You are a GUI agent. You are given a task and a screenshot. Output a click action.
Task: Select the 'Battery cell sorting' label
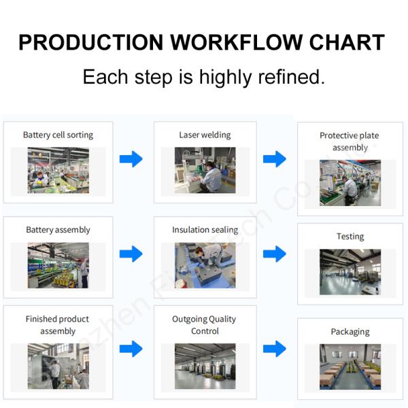(x=58, y=135)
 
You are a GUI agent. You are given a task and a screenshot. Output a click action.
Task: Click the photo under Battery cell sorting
(x=58, y=171)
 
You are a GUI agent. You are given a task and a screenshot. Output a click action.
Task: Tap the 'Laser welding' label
(x=205, y=135)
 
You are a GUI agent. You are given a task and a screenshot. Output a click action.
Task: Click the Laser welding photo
(x=205, y=171)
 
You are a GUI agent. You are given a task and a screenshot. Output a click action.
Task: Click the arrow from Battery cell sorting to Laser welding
(x=131, y=159)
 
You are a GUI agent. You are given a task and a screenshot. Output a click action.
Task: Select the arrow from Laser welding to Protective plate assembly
(x=275, y=159)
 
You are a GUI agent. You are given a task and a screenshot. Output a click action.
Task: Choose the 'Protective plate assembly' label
(x=350, y=141)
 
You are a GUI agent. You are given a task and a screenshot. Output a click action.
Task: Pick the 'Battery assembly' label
(x=58, y=230)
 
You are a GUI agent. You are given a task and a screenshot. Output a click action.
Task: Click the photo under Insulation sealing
(x=205, y=265)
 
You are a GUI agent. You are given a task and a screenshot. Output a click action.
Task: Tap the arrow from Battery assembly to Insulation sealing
(x=131, y=254)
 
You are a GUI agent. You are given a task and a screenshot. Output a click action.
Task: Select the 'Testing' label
(x=350, y=237)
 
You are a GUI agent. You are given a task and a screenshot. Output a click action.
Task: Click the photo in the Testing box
(x=350, y=272)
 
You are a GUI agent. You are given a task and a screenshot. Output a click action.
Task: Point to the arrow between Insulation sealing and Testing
(x=275, y=254)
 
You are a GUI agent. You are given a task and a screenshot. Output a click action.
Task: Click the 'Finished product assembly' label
(x=58, y=325)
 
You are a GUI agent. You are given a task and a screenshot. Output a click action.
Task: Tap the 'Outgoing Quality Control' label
(x=205, y=325)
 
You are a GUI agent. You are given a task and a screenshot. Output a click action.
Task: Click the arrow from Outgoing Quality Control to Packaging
(x=275, y=349)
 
